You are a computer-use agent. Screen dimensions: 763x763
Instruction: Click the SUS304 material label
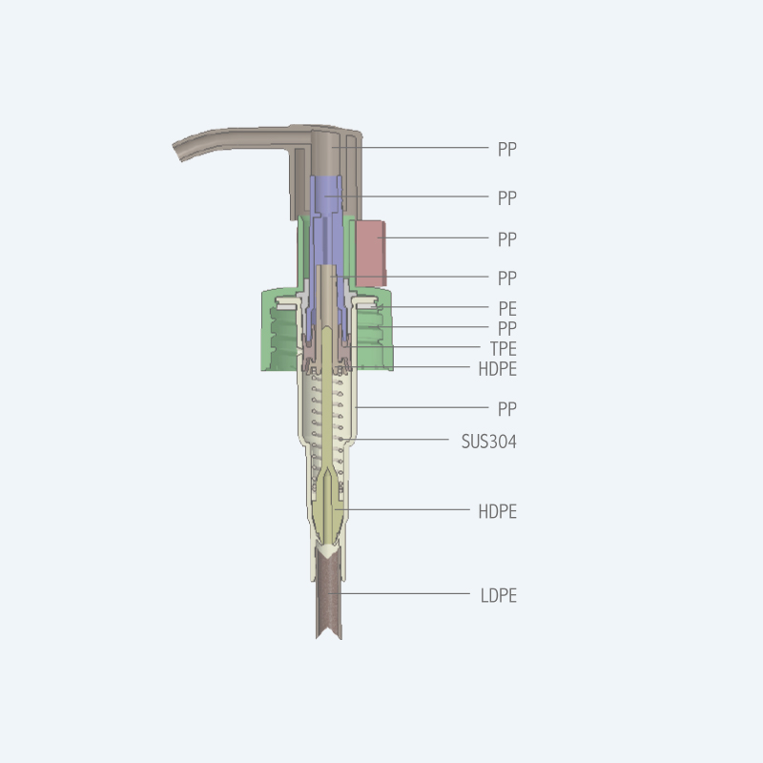point(488,442)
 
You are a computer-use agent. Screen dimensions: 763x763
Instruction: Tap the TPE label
point(504,348)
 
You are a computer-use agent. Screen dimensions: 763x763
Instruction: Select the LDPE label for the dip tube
point(498,595)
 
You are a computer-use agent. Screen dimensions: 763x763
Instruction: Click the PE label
point(507,308)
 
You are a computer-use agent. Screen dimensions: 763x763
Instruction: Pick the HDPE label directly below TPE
point(497,369)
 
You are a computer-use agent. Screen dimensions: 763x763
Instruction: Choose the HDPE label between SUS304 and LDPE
point(497,511)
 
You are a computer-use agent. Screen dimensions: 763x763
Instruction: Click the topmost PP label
point(506,149)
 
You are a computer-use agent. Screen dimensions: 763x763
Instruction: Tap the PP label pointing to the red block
point(506,239)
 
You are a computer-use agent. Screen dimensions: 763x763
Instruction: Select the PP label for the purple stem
point(506,198)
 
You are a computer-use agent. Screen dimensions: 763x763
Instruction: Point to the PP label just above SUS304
point(506,409)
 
